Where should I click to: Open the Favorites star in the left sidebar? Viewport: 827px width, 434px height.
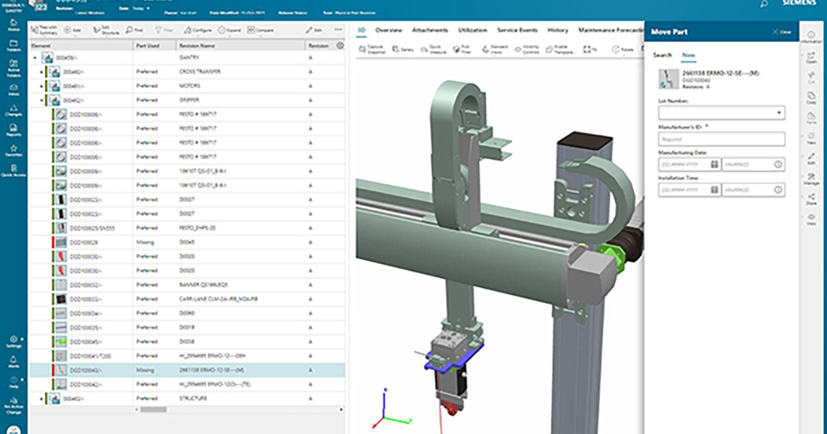(13, 149)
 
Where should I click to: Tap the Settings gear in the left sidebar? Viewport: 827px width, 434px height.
(13, 341)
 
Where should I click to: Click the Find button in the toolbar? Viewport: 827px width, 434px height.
(134, 30)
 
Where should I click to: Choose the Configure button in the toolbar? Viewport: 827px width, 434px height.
(198, 30)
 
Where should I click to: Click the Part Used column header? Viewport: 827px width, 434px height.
(148, 45)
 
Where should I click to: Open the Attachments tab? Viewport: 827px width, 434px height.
(430, 30)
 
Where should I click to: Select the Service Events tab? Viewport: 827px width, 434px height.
(517, 30)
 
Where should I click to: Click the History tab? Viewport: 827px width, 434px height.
(558, 30)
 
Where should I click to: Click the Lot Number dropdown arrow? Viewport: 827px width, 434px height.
(779, 112)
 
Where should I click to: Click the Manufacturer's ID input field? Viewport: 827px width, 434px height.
(722, 139)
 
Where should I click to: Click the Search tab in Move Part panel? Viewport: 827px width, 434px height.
(662, 54)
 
